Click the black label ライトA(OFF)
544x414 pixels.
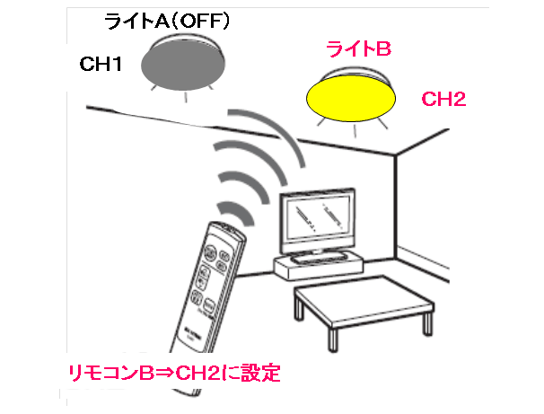click(167, 22)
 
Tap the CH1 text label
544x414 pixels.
click(101, 64)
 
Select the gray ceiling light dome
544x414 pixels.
click(183, 66)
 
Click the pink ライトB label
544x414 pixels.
click(359, 48)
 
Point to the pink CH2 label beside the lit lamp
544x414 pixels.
click(443, 100)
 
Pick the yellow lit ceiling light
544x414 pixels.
click(351, 99)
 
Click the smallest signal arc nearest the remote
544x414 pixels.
click(237, 212)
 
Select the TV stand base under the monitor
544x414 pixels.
click(319, 267)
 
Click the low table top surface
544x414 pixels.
click(364, 301)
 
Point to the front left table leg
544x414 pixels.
click(333, 339)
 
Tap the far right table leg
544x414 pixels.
click(428, 322)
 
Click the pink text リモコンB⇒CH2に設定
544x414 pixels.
click(174, 373)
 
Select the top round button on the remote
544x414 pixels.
click(210, 251)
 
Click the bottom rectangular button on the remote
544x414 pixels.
click(208, 306)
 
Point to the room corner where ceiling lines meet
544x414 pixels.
click(396, 154)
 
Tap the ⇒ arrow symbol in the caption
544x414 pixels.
click(165, 374)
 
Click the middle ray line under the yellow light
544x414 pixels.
click(355, 131)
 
